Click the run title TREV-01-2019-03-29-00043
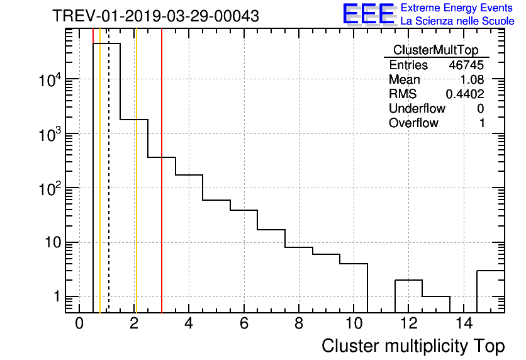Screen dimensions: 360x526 click(x=155, y=16)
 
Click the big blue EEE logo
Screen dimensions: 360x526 click(x=368, y=14)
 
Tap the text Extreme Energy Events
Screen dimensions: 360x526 click(x=457, y=8)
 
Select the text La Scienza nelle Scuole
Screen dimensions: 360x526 click(x=457, y=21)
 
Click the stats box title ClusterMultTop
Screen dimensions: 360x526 click(x=435, y=50)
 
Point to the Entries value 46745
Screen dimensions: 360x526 click(x=466, y=65)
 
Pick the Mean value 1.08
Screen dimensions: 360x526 click(x=473, y=80)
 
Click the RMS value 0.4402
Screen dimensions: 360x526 click(x=464, y=94)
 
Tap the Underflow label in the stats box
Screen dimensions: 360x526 click(x=417, y=109)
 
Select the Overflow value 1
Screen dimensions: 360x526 click(x=482, y=123)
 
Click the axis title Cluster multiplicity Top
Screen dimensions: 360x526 click(x=413, y=346)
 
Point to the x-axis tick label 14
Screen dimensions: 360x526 click(x=463, y=323)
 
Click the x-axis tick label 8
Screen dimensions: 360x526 click(x=298, y=323)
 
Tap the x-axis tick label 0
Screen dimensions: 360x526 click(x=79, y=323)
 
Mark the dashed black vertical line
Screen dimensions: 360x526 click(x=109, y=189)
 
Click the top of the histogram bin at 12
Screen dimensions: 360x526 click(x=408, y=280)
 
